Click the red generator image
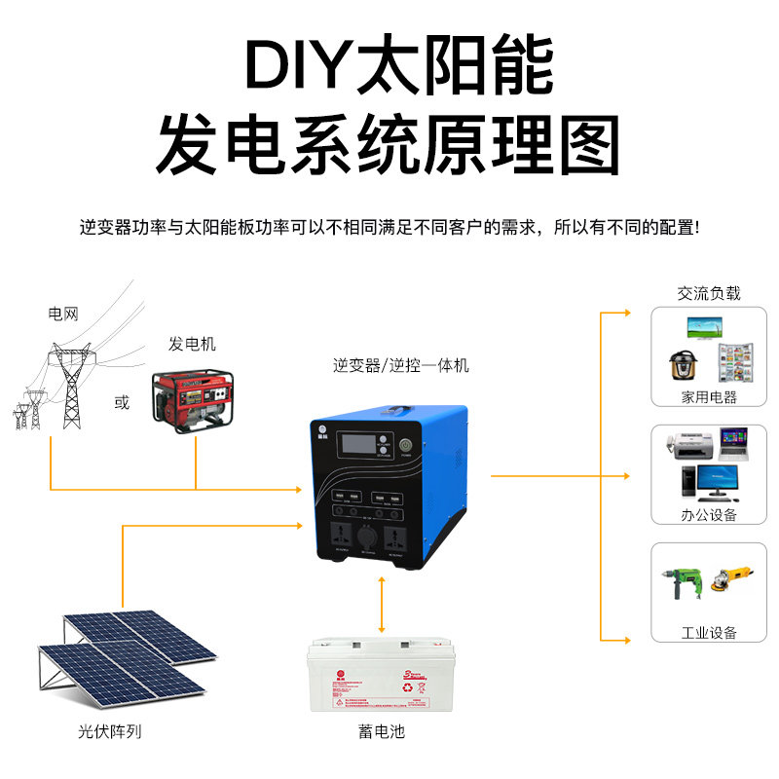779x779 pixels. (192, 400)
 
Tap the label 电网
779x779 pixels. (63, 314)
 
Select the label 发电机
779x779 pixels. (192, 345)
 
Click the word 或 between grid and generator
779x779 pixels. (122, 403)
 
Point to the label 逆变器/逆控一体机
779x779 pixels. (400, 366)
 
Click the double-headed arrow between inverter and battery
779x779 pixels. (382, 604)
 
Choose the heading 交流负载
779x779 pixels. (709, 293)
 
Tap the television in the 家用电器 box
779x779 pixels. (708, 326)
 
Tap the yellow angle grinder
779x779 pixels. (734, 582)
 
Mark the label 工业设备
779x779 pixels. (709, 634)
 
